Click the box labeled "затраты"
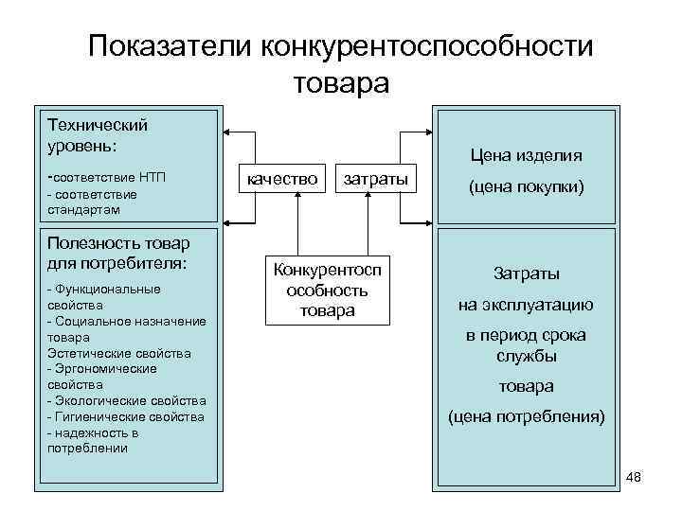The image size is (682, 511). click(x=375, y=178)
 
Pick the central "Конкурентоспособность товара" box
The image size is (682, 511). click(x=327, y=291)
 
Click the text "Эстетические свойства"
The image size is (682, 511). click(x=118, y=353)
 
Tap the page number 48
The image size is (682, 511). click(x=634, y=477)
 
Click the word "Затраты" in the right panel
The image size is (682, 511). click(x=526, y=274)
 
